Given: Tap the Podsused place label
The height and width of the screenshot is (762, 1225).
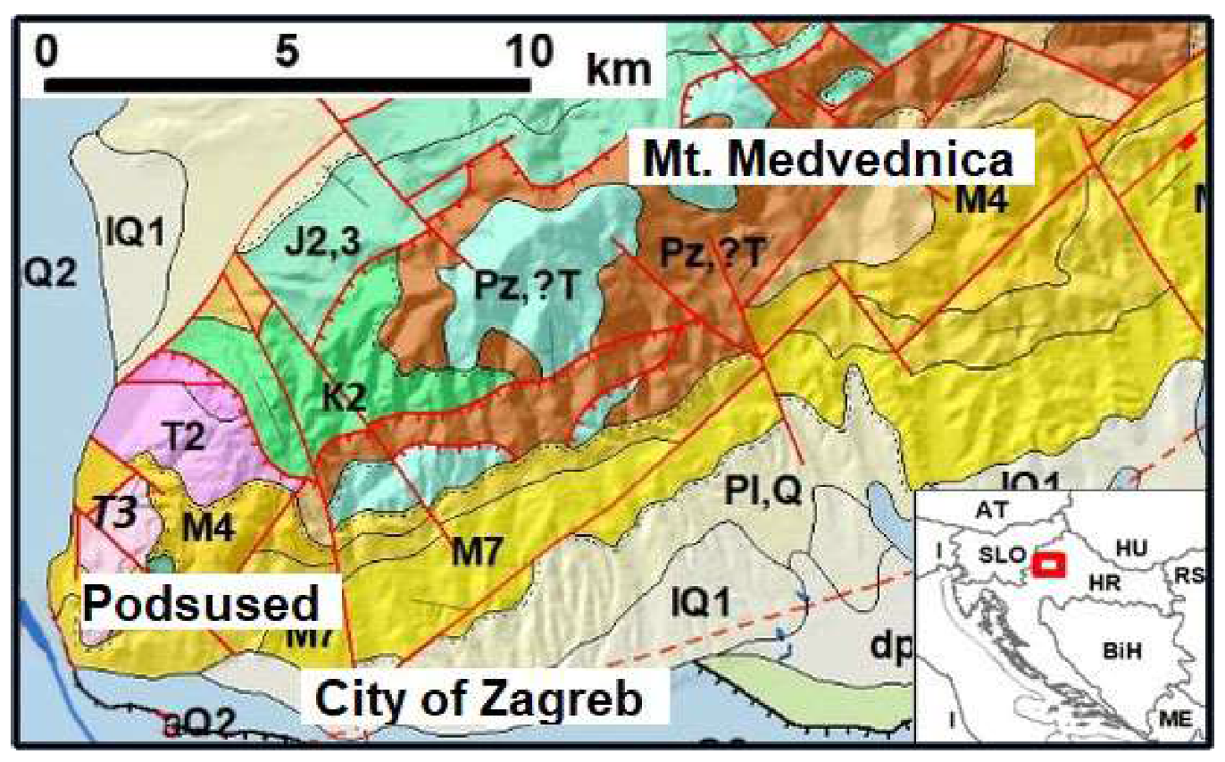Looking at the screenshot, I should click(x=202, y=605).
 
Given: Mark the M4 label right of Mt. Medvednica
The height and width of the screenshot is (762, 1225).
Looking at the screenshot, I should click(x=980, y=202).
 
